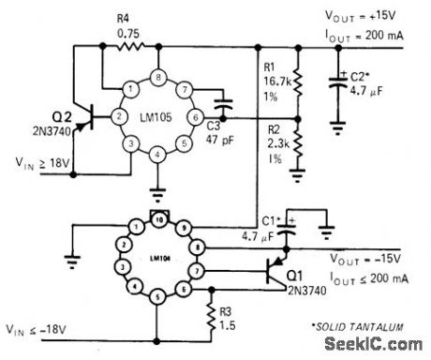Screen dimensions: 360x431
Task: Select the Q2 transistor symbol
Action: pyautogui.click(x=92, y=119)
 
